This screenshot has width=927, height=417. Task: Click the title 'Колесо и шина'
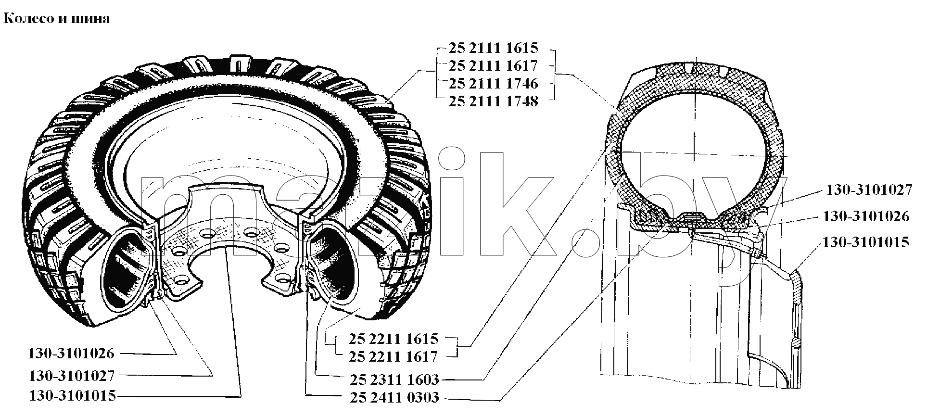point(57,19)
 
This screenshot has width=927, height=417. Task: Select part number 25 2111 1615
point(493,48)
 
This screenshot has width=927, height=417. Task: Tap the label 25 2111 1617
point(493,65)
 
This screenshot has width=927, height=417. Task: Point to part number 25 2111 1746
point(493,83)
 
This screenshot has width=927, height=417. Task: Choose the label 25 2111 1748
point(493,101)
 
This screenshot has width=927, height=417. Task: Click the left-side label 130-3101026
point(72,354)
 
